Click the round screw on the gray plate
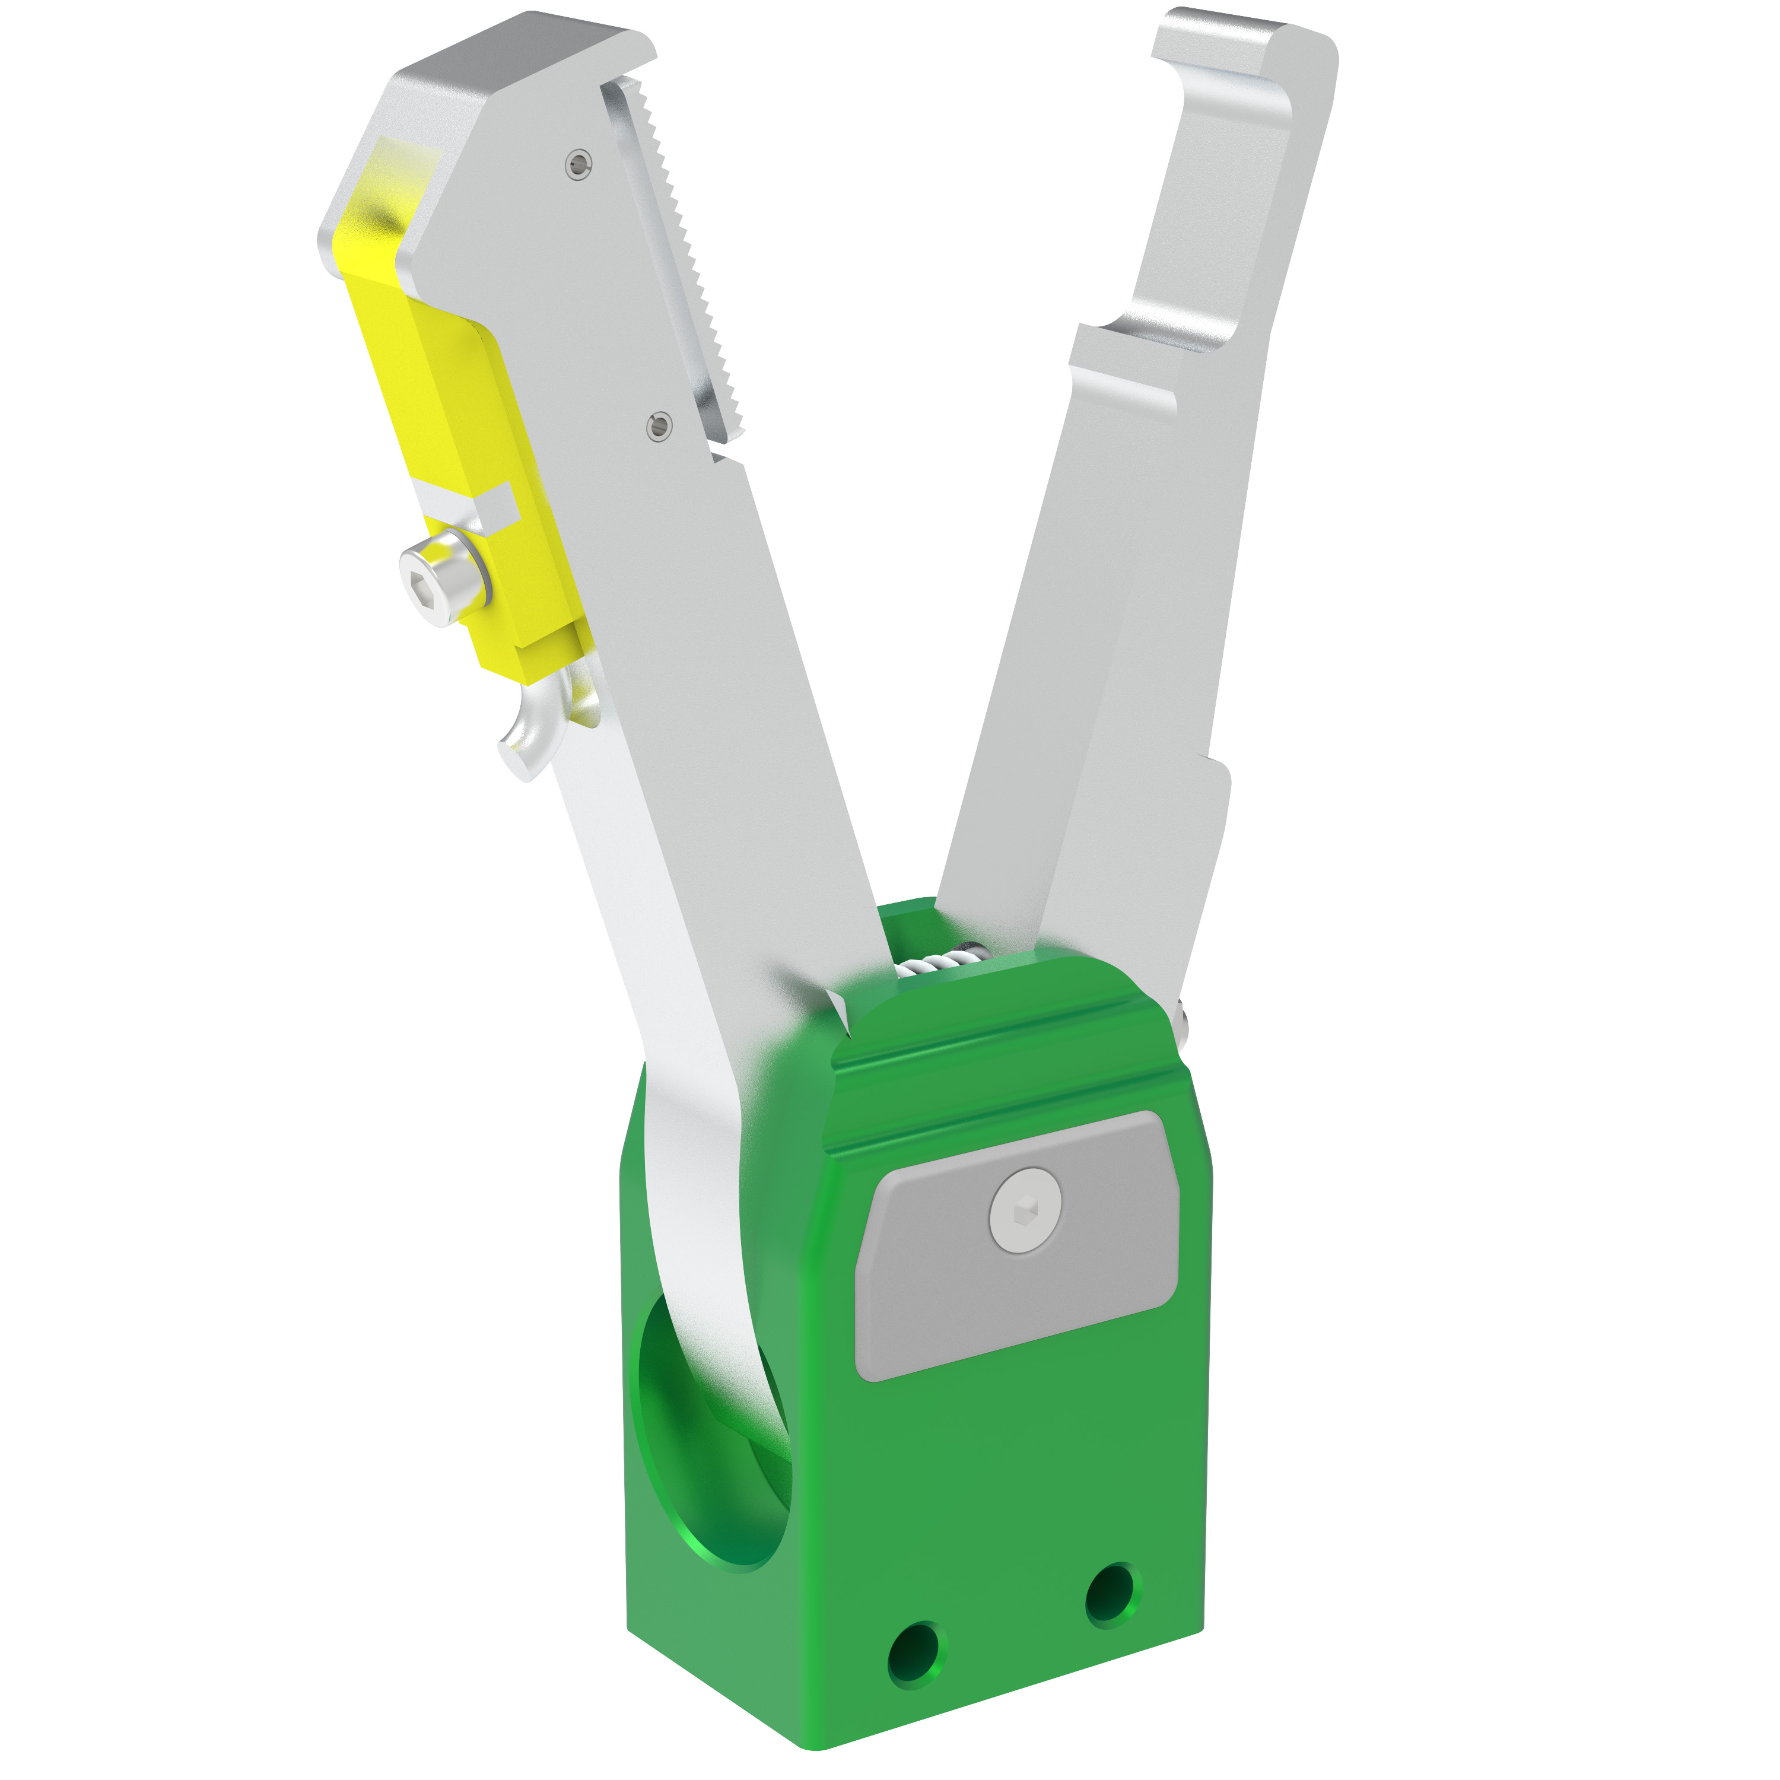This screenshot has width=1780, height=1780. point(1025,1210)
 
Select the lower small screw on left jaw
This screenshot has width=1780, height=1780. point(658,425)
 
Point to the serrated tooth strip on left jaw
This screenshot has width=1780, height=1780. point(682,258)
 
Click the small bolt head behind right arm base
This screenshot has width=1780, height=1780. point(1184,1018)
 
